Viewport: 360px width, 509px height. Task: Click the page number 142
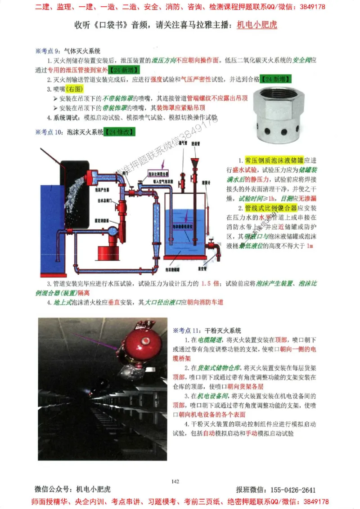pyautogui.click(x=176, y=482)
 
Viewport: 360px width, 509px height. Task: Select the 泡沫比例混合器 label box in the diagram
pyautogui.click(x=158, y=173)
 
